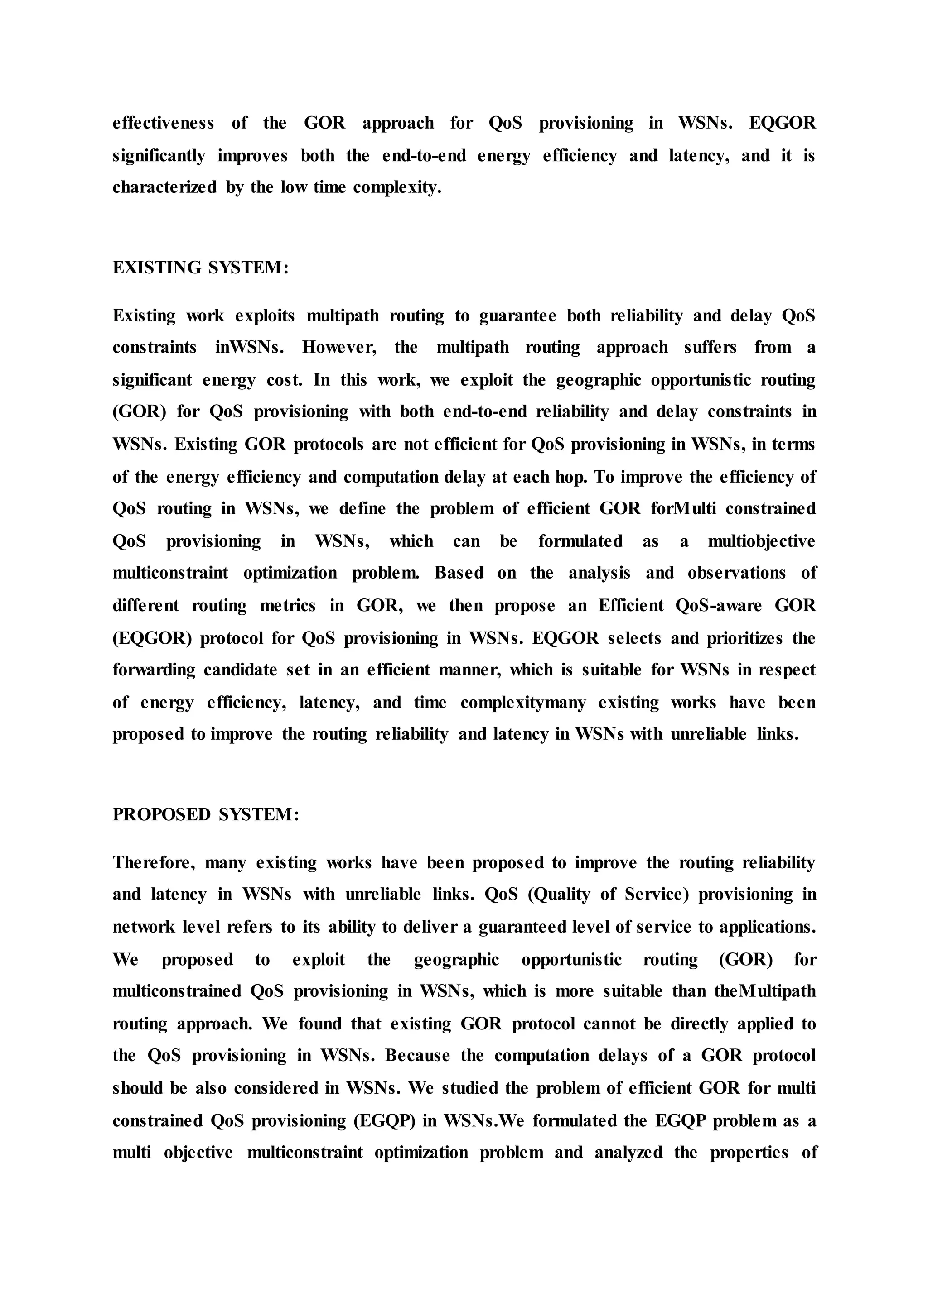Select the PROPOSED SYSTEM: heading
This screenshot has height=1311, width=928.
click(206, 814)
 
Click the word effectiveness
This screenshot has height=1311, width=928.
click(164, 123)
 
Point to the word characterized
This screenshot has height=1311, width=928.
click(164, 187)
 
